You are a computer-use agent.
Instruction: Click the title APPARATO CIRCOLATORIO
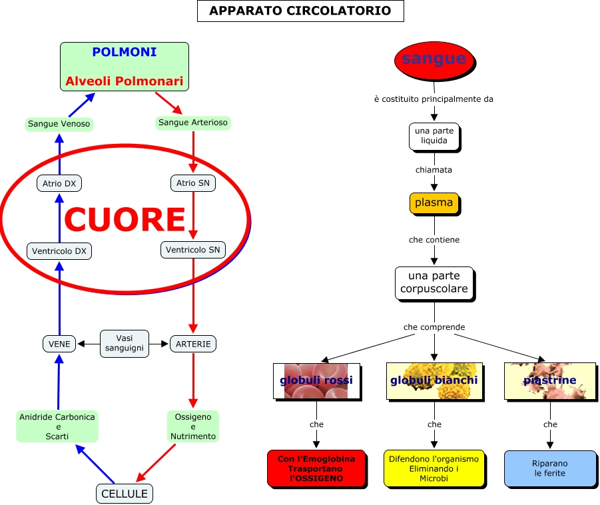(300, 11)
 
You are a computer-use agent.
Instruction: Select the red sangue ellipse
(434, 59)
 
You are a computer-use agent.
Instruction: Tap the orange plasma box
(434, 203)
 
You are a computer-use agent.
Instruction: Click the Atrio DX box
(59, 183)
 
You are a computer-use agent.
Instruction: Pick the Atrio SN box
(193, 183)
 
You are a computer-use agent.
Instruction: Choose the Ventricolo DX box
(59, 251)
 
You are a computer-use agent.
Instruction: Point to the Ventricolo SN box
(193, 250)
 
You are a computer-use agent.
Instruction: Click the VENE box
(59, 344)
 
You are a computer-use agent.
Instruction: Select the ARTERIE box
(193, 344)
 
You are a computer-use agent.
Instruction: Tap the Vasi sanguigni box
(125, 344)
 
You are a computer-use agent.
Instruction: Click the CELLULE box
(125, 494)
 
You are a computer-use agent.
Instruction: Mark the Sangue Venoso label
(59, 124)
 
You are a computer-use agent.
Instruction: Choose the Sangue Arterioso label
(193, 123)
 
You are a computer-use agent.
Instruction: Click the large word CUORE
(125, 219)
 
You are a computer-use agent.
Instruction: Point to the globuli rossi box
(316, 380)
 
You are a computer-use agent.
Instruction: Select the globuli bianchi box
(434, 380)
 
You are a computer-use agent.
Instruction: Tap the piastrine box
(549, 380)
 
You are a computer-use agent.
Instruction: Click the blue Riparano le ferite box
(549, 468)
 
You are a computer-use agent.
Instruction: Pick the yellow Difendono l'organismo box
(434, 468)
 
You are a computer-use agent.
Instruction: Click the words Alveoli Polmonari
(125, 81)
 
